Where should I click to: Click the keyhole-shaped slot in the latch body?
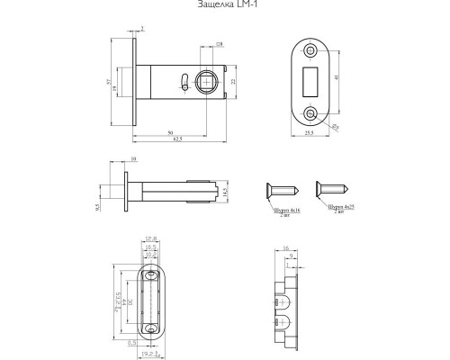(184, 83)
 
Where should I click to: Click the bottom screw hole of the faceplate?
(311, 114)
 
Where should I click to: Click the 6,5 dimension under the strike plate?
(132, 343)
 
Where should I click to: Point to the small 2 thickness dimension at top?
(143, 29)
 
